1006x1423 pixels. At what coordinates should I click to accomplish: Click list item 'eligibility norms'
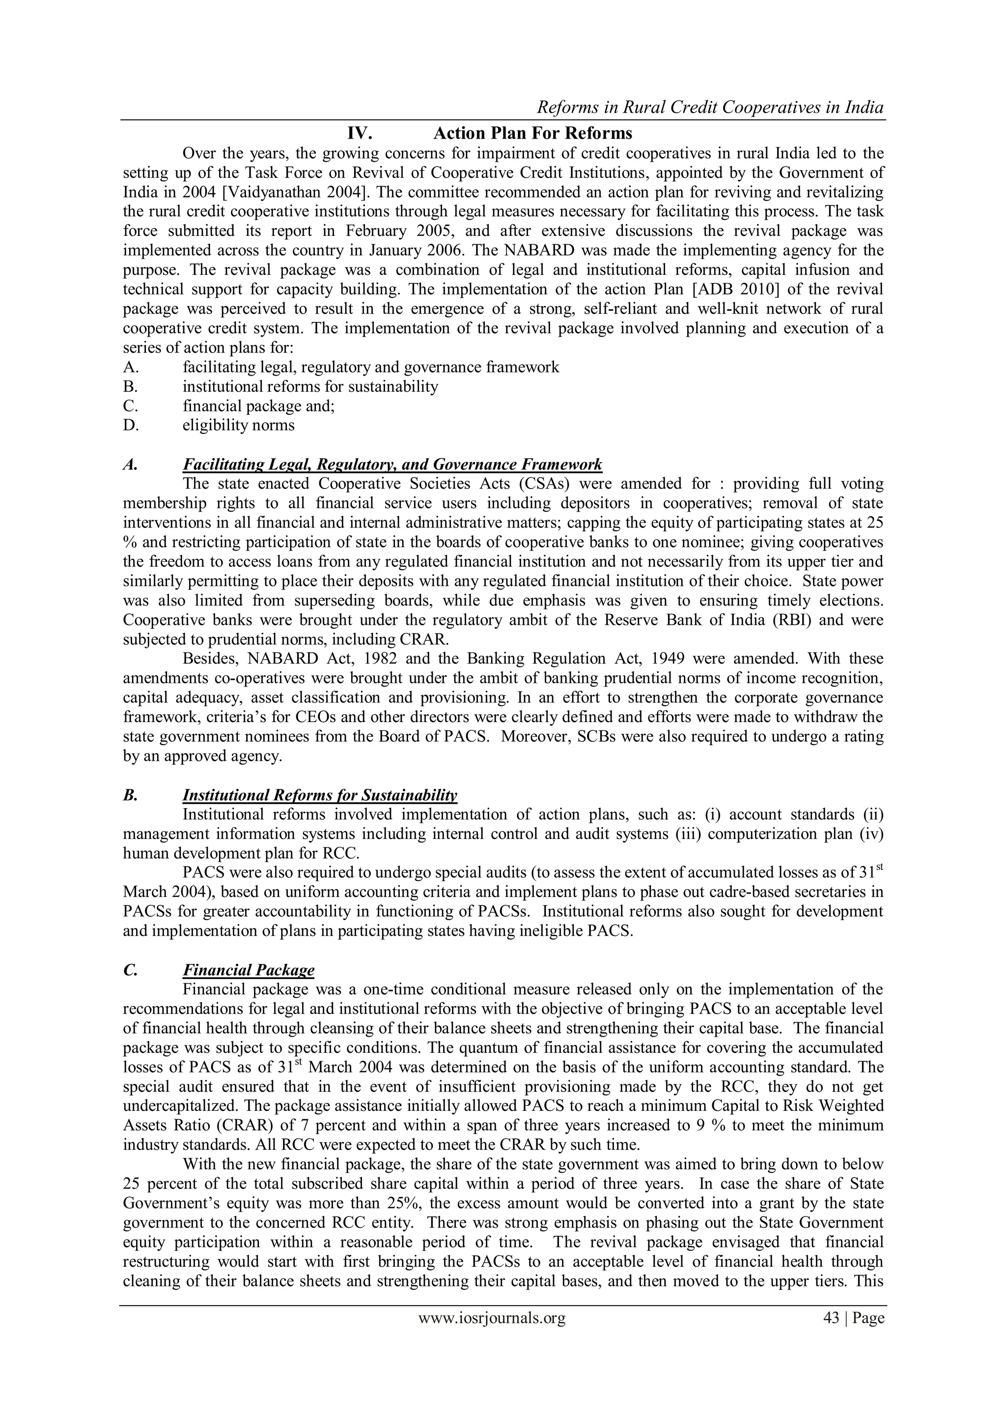[239, 425]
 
